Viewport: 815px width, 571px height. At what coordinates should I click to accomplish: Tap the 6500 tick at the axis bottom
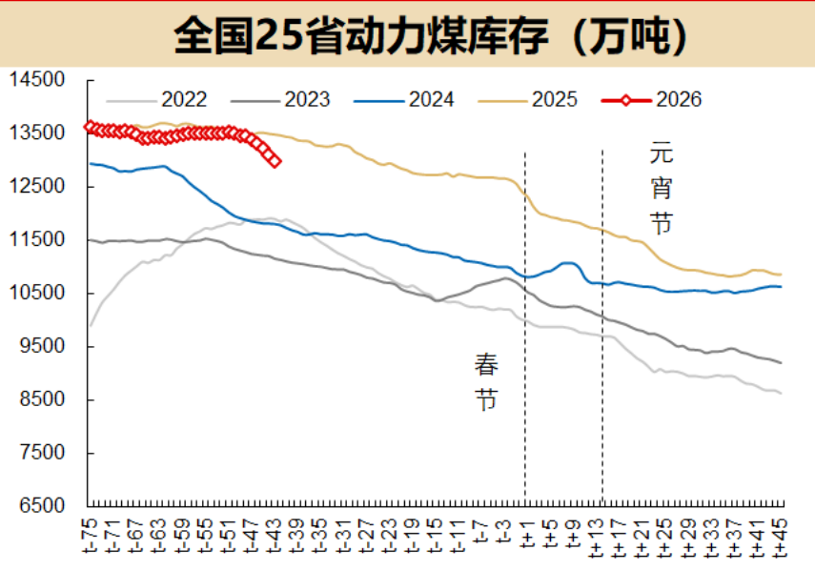[41, 505]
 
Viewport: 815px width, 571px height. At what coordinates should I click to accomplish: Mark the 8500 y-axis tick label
[41, 399]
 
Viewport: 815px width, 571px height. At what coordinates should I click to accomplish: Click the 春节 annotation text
[487, 381]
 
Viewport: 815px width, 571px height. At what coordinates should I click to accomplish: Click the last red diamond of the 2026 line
[275, 161]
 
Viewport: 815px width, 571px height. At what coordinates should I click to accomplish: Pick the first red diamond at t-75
[89, 126]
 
